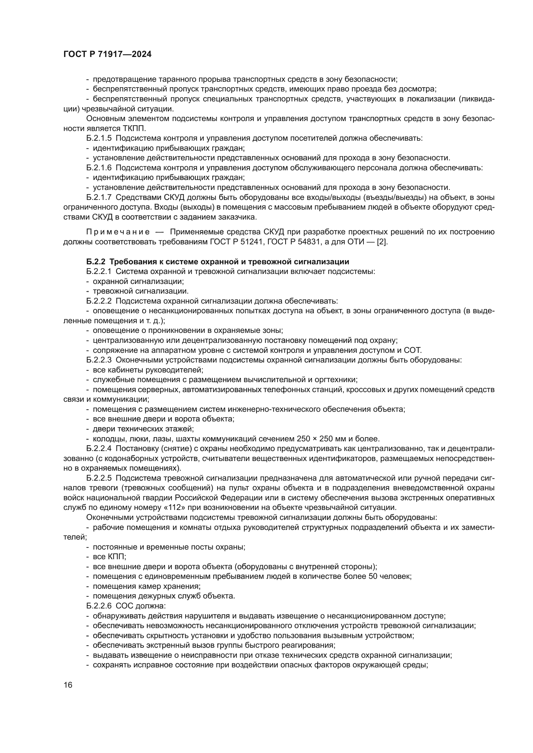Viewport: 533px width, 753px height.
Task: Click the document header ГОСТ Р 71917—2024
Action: click(107, 54)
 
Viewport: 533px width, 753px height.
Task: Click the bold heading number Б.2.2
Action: click(96, 262)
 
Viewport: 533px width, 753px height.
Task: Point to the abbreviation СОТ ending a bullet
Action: click(413, 350)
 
